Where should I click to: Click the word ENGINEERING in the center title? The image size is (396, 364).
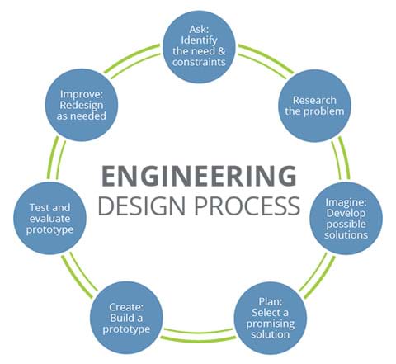(x=199, y=175)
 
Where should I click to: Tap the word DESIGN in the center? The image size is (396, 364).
(x=142, y=206)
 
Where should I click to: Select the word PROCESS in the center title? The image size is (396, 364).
(x=247, y=206)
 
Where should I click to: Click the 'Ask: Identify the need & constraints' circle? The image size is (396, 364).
(x=200, y=46)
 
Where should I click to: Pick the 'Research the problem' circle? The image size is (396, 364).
(x=314, y=106)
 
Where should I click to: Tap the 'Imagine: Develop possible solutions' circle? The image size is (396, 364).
(x=346, y=218)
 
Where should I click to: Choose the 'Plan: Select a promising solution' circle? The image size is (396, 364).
(x=271, y=318)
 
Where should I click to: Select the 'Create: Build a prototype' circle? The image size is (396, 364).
(x=126, y=318)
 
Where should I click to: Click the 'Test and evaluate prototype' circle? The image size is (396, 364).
(x=49, y=218)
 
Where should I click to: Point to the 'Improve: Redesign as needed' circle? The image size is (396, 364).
(x=82, y=105)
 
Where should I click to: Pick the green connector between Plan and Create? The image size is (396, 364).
(x=199, y=334)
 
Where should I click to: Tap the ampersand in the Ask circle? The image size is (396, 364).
(x=222, y=51)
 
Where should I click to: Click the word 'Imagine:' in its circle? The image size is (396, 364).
(x=346, y=202)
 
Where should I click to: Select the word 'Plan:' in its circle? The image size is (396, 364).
(x=271, y=302)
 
